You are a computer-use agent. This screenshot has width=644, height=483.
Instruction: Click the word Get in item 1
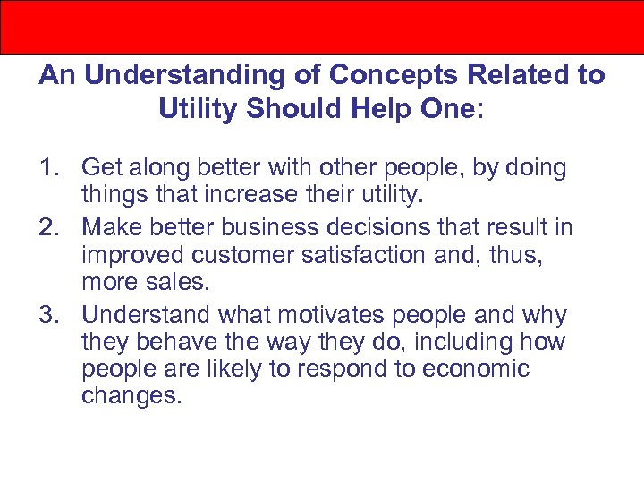pos(101,167)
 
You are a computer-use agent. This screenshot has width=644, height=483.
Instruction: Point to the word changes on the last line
pos(131,394)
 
